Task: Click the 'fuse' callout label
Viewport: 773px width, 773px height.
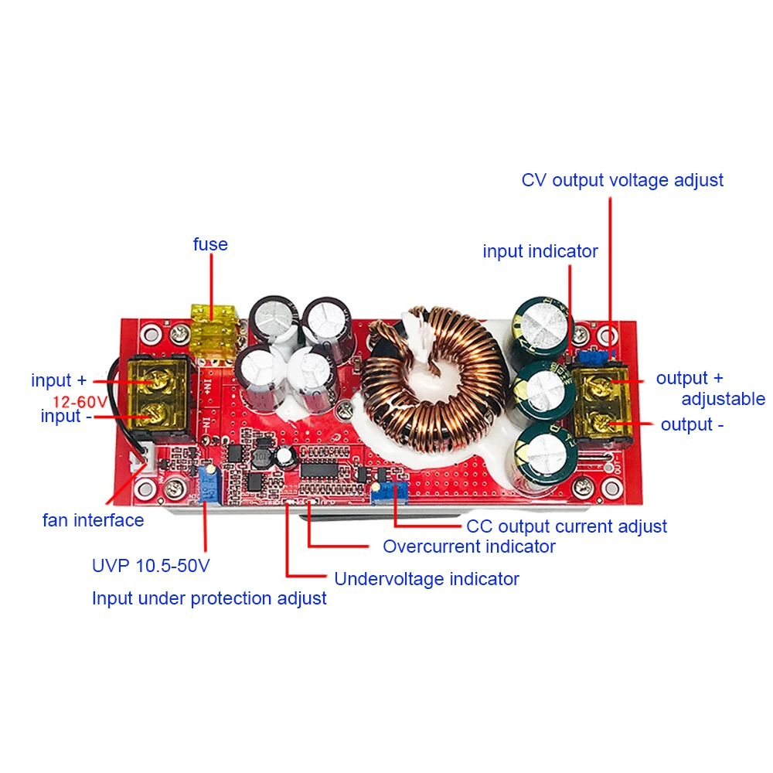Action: pyautogui.click(x=210, y=244)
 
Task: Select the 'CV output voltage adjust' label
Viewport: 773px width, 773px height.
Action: pyautogui.click(x=622, y=180)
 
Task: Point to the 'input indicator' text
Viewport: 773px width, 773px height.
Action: pyautogui.click(x=540, y=251)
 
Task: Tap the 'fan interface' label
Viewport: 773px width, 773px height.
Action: pyautogui.click(x=93, y=520)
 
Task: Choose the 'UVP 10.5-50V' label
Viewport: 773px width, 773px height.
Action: pyautogui.click(x=151, y=565)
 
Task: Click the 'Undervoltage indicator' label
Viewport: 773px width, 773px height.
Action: pyautogui.click(x=426, y=578)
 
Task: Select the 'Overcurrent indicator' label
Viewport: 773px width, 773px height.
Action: pyautogui.click(x=469, y=547)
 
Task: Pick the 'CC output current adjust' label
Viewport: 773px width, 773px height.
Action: pyautogui.click(x=567, y=526)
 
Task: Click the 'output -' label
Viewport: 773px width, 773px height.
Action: pyautogui.click(x=696, y=424)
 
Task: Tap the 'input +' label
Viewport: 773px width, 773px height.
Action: pyautogui.click(x=60, y=380)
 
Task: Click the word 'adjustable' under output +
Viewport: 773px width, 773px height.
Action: pyautogui.click(x=723, y=399)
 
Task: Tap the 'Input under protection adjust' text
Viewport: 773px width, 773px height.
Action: pyautogui.click(x=209, y=598)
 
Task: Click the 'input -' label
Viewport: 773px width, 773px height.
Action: pyautogui.click(x=61, y=416)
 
